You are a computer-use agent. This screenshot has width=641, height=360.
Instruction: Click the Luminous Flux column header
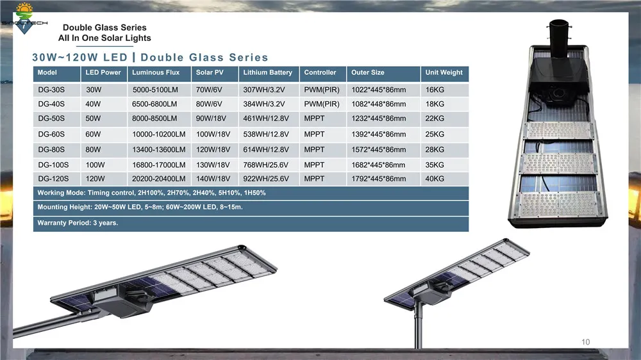pyautogui.click(x=156, y=73)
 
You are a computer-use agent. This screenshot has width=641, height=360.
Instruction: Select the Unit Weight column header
pyautogui.click(x=444, y=73)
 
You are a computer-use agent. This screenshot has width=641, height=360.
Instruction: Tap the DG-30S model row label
pyautogui.click(x=52, y=90)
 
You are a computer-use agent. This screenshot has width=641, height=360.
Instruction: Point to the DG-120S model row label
pyautogui.click(x=54, y=179)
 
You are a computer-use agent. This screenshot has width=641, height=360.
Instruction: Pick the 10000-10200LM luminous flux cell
pyautogui.click(x=159, y=135)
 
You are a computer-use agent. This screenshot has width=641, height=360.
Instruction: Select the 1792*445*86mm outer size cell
pyautogui.click(x=378, y=179)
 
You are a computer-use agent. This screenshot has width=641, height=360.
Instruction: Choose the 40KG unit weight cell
pyautogui.click(x=435, y=179)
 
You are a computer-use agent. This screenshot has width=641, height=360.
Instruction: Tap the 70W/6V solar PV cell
pyautogui.click(x=209, y=90)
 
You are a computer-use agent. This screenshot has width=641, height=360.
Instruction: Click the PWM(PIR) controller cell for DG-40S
pyautogui.click(x=322, y=104)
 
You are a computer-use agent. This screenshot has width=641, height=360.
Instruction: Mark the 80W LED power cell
pyautogui.click(x=94, y=150)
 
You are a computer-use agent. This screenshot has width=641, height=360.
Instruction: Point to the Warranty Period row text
pyautogui.click(x=78, y=224)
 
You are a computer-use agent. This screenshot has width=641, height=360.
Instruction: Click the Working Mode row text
pyautogui.click(x=151, y=193)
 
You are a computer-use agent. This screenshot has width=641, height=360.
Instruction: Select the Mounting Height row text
pyautogui.click(x=140, y=208)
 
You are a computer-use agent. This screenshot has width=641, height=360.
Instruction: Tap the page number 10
pyautogui.click(x=586, y=341)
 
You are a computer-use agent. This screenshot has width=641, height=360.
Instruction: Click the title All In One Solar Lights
pyautogui.click(x=104, y=38)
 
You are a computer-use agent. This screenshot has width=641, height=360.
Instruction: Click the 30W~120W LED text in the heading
pyautogui.click(x=80, y=58)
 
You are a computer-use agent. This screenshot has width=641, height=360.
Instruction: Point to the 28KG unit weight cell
pyautogui.click(x=435, y=150)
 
